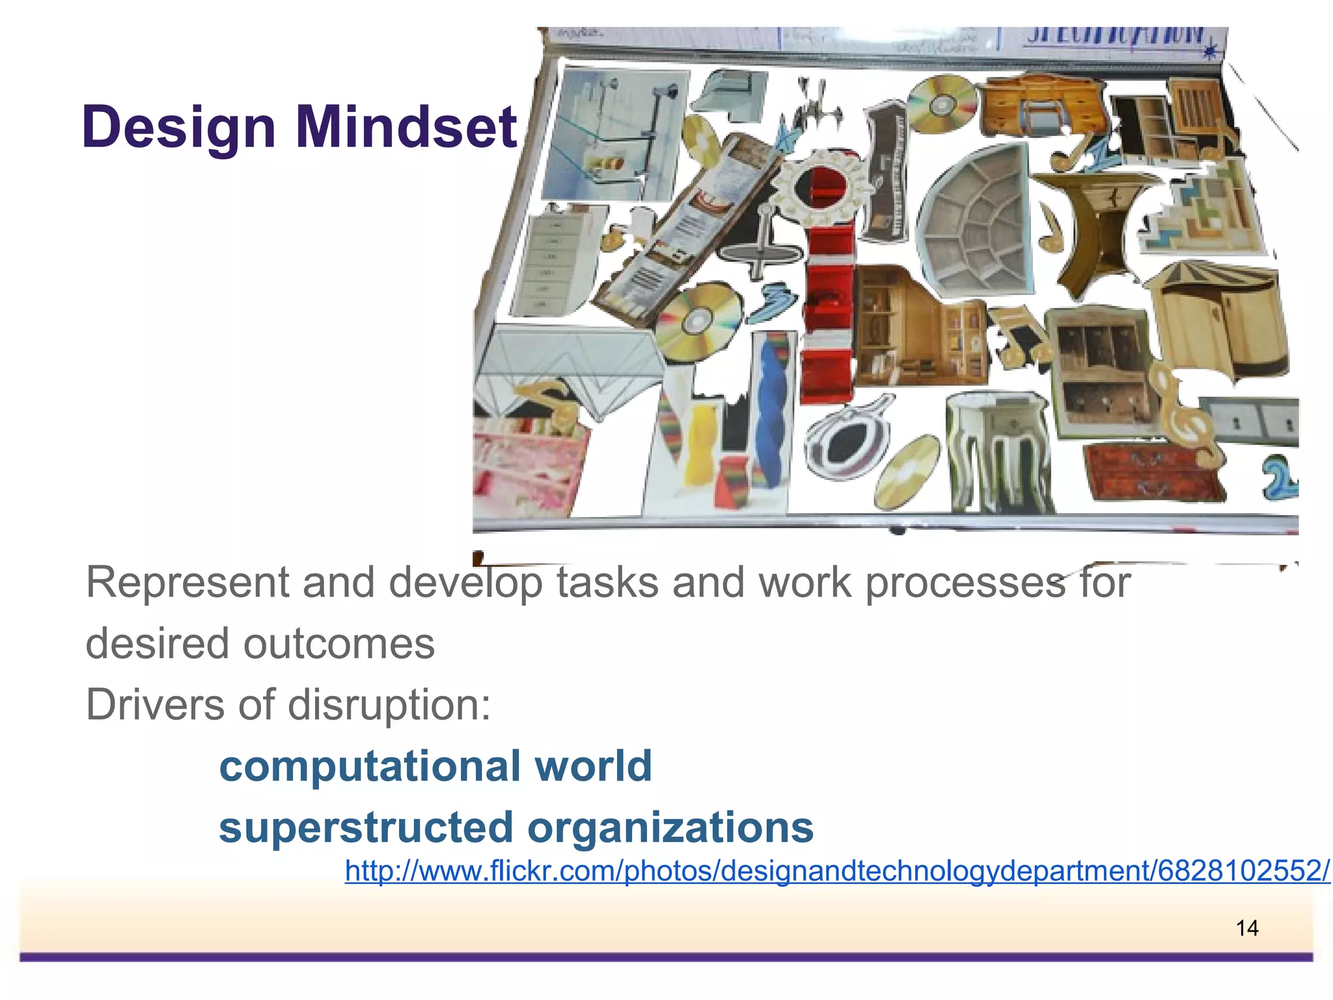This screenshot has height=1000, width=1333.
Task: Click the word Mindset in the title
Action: coord(406,127)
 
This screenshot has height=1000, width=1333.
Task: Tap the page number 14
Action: coord(1246,928)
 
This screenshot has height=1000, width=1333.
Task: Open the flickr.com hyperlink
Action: coord(837,871)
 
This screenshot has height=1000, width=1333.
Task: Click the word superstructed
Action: coord(366,827)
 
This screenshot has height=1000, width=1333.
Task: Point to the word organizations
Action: coord(670,827)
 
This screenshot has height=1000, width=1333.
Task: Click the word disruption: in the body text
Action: coord(389,705)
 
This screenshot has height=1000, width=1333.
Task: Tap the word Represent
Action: coord(187,582)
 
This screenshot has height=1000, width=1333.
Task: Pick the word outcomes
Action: coord(338,644)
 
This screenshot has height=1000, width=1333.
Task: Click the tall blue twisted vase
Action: coord(775,410)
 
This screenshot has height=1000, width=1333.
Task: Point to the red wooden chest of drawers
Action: coord(1152,472)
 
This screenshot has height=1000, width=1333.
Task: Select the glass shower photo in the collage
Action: coord(612,133)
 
